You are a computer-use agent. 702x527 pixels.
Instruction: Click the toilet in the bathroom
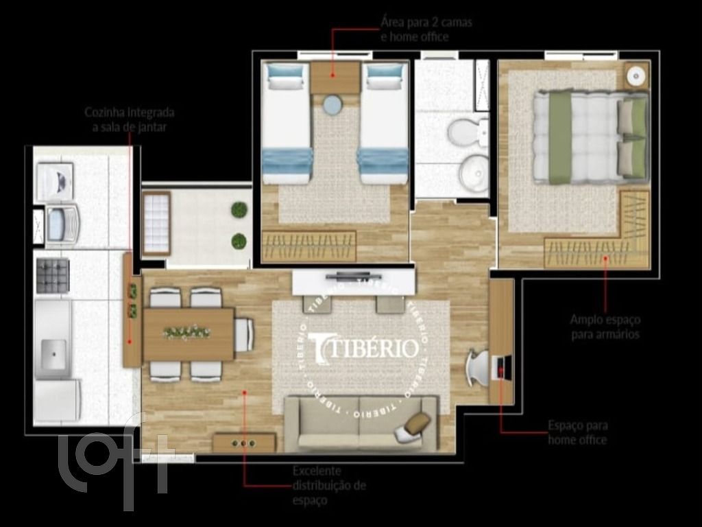pos(470,130)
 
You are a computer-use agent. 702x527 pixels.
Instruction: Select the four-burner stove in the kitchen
pos(53,275)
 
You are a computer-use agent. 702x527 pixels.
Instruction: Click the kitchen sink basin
pos(53,354)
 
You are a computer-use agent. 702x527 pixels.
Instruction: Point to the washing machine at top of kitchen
pos(54,181)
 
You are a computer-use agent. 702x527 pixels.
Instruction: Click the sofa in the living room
pos(361,423)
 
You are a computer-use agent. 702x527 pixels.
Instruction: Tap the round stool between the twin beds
pos(333,104)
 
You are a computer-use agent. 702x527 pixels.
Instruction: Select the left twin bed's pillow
pos(285,75)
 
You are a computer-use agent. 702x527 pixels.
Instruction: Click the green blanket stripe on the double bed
pos(559,137)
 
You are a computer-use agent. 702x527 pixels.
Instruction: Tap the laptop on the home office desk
pos(504,368)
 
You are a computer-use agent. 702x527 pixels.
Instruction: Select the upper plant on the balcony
pos(239,209)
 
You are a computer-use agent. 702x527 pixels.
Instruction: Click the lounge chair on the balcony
pos(156,223)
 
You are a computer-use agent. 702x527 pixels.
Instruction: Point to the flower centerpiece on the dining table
pos(186,333)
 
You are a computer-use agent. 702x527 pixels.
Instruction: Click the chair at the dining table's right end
pos(244,335)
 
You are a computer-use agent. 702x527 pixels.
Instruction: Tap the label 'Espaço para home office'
pos(577,433)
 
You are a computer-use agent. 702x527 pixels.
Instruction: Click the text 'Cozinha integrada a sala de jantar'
pos(129,119)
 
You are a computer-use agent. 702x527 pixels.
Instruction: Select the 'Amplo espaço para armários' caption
pos(605,327)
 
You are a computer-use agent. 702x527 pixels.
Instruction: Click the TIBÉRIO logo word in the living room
pos(363,348)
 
